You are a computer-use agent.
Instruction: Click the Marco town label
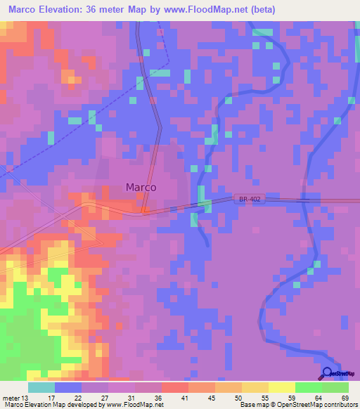point(141,188)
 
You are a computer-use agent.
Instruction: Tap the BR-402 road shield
point(250,200)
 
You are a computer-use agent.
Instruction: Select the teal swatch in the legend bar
point(41,387)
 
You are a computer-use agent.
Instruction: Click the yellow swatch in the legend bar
point(281,387)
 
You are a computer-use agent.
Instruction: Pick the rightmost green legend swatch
point(335,387)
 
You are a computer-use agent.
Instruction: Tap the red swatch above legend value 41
point(174,387)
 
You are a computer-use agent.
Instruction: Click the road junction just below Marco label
point(144,210)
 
